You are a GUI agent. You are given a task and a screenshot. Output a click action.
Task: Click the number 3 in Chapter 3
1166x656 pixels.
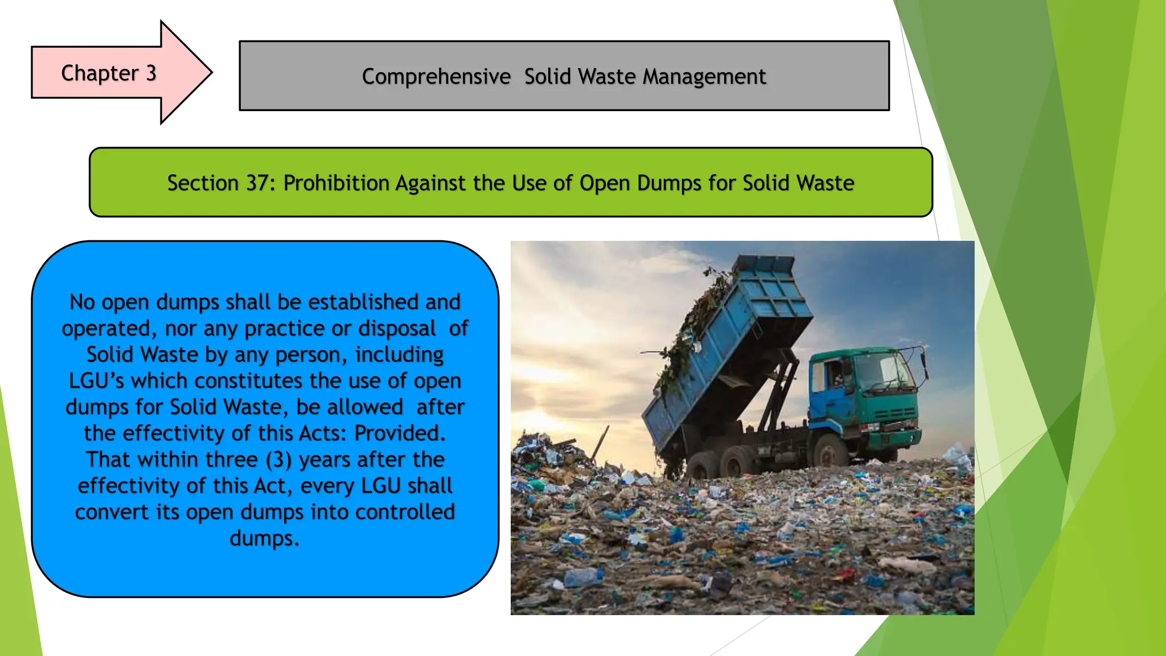pyautogui.click(x=151, y=73)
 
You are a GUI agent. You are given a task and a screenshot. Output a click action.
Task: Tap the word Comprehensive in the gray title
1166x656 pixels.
pyautogui.click(x=436, y=76)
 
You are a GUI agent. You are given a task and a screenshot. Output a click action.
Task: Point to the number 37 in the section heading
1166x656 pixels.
pyautogui.click(x=257, y=183)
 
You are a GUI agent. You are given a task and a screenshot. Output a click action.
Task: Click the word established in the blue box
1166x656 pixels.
pyautogui.click(x=362, y=302)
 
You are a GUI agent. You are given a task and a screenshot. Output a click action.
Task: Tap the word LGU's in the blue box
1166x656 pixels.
pyautogui.click(x=96, y=380)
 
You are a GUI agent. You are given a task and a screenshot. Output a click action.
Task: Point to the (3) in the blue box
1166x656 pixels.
pyautogui.click(x=278, y=460)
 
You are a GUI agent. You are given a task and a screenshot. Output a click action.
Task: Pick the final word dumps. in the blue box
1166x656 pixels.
pyautogui.click(x=265, y=538)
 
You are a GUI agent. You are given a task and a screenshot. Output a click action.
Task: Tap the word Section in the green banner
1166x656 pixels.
pyautogui.click(x=203, y=183)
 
